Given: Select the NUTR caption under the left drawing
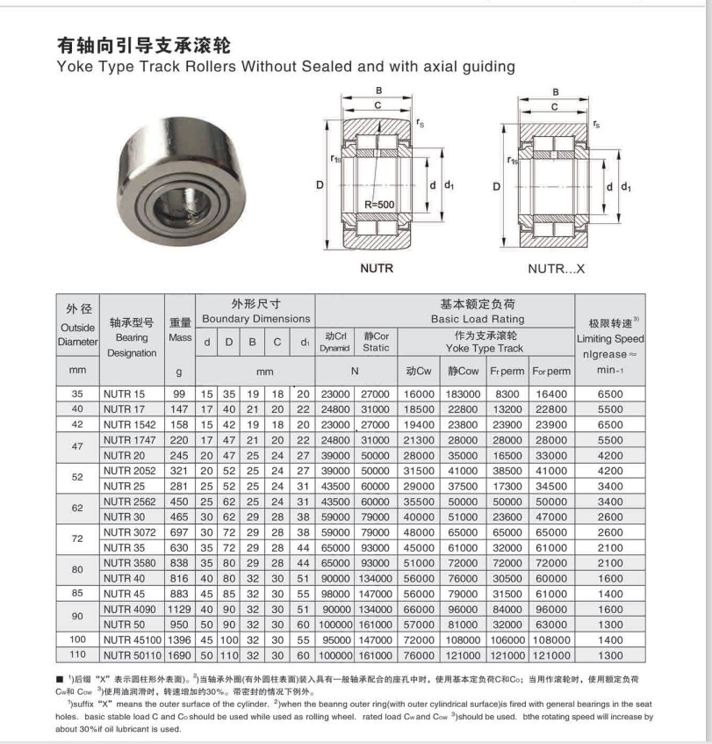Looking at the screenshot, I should (x=377, y=269).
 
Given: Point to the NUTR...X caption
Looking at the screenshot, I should (x=556, y=269).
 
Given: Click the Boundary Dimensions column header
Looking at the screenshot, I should (x=255, y=319).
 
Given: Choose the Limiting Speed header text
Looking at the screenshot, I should (x=610, y=338).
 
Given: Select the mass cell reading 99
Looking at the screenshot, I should (x=179, y=394).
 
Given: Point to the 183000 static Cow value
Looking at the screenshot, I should (x=464, y=394).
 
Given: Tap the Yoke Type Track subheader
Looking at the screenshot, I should (x=484, y=348).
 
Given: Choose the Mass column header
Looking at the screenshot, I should (x=180, y=337).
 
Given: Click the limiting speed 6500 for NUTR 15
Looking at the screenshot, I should (x=609, y=394).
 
